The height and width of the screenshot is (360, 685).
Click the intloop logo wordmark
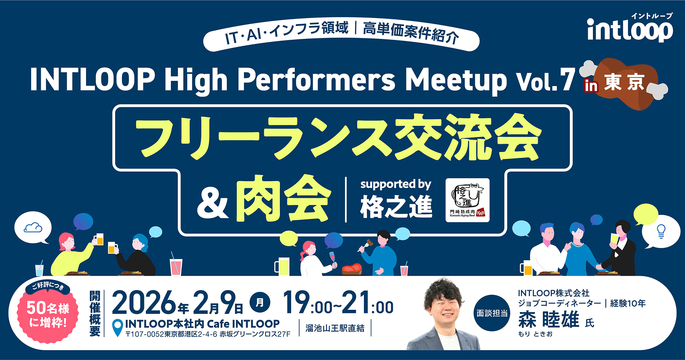(x=630, y=30)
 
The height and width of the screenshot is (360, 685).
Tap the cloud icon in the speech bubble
(x=33, y=227)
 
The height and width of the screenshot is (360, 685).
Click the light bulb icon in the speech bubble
(x=661, y=231)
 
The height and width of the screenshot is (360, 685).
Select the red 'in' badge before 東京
(x=591, y=86)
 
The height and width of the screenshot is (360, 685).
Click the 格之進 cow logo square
(x=468, y=200)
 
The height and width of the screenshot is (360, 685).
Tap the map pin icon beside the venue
(x=118, y=328)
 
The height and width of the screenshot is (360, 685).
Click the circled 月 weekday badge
(x=260, y=303)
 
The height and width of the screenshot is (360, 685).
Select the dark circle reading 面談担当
(x=492, y=313)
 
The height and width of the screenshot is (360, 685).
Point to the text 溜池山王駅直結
(x=335, y=328)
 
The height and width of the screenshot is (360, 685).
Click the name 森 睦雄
(x=548, y=320)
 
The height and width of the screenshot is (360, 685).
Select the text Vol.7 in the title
(x=545, y=81)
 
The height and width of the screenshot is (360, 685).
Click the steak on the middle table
(x=351, y=269)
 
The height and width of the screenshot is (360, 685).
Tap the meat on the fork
(x=370, y=243)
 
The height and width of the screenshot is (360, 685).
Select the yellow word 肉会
(x=283, y=198)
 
